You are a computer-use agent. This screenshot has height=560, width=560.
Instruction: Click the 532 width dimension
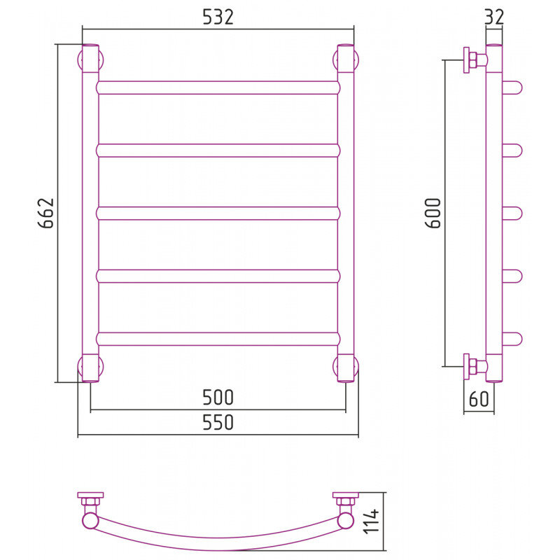click(x=218, y=17)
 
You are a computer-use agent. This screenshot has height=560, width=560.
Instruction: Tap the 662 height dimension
click(x=45, y=213)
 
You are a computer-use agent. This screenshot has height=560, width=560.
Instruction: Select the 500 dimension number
click(x=218, y=397)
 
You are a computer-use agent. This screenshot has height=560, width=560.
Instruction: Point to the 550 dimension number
click(x=218, y=422)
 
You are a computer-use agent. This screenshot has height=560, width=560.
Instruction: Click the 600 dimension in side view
click(x=433, y=213)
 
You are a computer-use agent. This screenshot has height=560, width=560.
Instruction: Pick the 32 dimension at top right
click(x=495, y=17)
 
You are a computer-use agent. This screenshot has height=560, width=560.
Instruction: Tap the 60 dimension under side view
click(x=479, y=398)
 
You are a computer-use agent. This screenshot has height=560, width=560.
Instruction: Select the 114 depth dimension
click(x=371, y=521)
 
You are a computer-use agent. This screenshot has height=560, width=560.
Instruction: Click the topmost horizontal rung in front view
click(x=218, y=88)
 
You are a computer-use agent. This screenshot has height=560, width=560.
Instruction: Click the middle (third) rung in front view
click(x=218, y=213)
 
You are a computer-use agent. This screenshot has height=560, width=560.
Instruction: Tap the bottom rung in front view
click(x=218, y=339)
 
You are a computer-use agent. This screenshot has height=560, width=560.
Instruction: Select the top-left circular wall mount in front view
click(x=90, y=59)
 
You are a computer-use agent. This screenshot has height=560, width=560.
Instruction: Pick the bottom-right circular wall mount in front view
click(x=346, y=367)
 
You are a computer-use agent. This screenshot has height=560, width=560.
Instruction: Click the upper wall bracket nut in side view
click(x=472, y=60)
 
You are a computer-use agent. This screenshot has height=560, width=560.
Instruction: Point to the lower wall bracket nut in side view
click(x=472, y=366)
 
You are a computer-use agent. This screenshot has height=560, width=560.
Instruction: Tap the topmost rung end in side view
click(x=512, y=88)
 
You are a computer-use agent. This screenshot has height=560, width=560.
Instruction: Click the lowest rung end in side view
click(x=512, y=339)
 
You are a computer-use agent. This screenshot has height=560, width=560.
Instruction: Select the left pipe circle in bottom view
click(x=90, y=521)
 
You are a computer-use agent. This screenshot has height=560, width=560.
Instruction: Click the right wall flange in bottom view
click(x=346, y=495)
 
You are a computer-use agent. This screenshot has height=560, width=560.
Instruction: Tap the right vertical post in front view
click(x=346, y=213)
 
